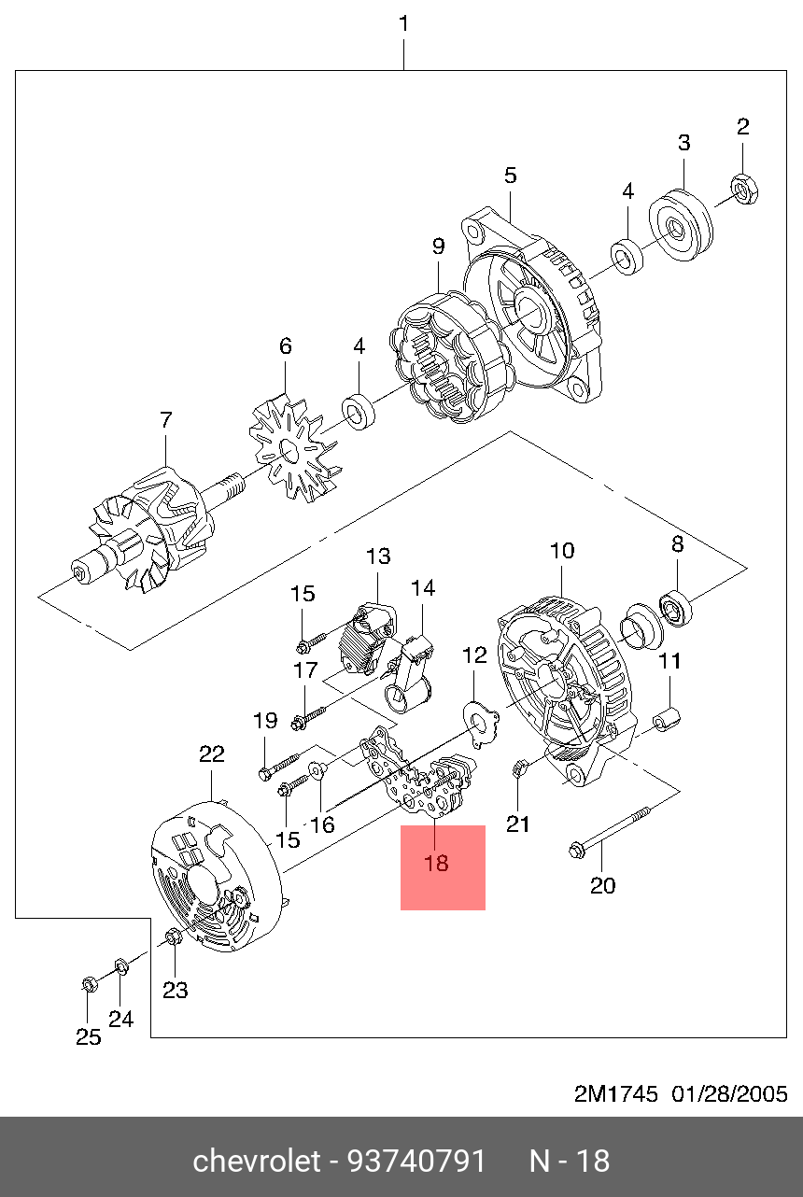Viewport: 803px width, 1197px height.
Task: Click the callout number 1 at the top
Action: pyautogui.click(x=404, y=24)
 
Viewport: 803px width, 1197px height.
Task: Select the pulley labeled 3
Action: pyautogui.click(x=681, y=225)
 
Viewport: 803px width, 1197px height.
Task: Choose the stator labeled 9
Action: pyautogui.click(x=451, y=357)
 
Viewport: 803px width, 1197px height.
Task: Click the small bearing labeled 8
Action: pyautogui.click(x=676, y=608)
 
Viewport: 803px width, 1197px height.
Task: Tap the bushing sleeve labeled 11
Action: pyautogui.click(x=667, y=719)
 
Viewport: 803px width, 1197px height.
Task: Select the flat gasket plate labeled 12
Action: pyautogui.click(x=480, y=723)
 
